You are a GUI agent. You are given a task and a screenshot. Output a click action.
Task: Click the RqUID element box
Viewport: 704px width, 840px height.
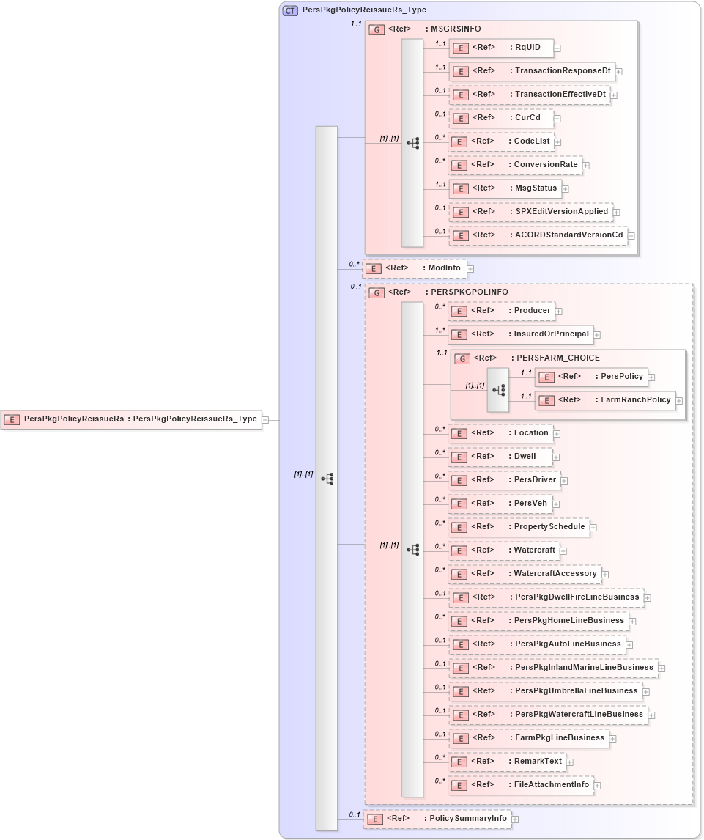(x=501, y=48)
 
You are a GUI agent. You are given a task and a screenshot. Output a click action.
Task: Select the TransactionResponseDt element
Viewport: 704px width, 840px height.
(x=531, y=71)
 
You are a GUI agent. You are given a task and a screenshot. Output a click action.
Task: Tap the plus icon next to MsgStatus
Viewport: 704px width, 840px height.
(x=566, y=189)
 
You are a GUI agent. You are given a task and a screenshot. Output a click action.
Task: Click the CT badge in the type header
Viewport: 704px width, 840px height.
(x=290, y=10)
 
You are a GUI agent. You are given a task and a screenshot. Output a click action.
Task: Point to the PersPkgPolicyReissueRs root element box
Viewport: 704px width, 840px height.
(x=131, y=419)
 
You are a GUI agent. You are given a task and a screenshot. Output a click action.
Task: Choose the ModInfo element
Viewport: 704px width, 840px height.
(x=415, y=268)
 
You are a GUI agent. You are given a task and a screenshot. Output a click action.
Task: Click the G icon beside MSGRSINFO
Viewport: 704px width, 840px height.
(x=377, y=30)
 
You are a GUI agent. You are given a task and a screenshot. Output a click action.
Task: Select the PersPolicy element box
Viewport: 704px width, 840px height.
(x=591, y=377)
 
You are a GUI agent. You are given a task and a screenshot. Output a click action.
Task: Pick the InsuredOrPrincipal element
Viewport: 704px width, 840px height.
(x=520, y=334)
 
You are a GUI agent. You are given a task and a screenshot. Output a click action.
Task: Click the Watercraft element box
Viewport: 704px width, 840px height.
(x=503, y=550)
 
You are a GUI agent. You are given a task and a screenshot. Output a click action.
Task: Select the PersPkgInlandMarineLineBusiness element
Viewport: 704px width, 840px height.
(x=553, y=668)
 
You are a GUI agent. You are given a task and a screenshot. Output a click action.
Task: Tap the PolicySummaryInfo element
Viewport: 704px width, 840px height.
(x=437, y=819)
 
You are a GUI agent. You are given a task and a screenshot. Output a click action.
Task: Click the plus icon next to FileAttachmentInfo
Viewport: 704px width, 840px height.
(x=598, y=786)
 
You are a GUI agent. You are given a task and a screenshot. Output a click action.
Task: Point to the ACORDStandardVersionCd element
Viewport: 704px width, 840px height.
(x=538, y=235)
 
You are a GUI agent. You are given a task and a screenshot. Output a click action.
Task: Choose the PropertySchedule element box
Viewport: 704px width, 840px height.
(x=519, y=527)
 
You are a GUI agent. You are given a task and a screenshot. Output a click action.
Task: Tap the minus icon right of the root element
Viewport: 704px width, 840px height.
(x=265, y=420)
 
